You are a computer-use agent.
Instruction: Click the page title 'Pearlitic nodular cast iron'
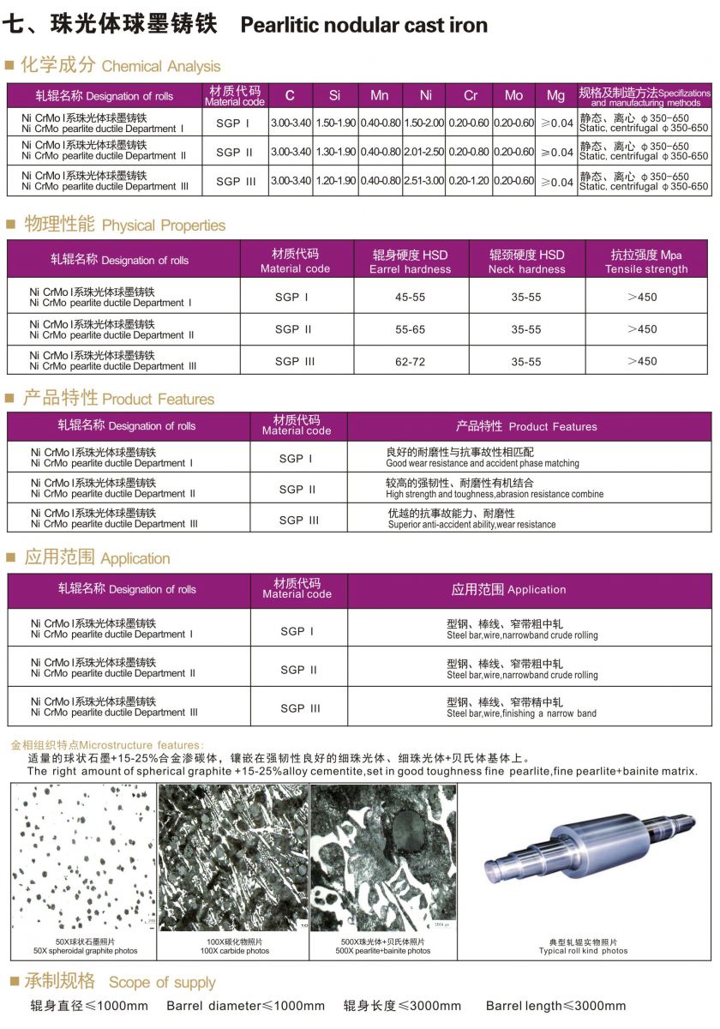point(364,26)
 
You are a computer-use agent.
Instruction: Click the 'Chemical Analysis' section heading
point(160,67)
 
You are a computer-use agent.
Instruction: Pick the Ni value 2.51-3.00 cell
point(424,182)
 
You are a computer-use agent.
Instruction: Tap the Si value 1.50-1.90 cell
point(335,123)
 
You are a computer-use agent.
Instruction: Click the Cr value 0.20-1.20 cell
point(470,182)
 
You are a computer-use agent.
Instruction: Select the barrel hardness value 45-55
point(410,297)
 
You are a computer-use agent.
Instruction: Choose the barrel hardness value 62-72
point(410,362)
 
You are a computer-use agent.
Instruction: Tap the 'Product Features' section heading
point(158,400)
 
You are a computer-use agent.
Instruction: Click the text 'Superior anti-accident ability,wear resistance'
point(471,525)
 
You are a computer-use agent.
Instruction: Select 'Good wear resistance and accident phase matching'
point(483,463)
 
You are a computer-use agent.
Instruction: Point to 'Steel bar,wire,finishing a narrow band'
point(521,713)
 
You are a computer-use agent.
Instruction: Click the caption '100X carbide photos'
point(234,951)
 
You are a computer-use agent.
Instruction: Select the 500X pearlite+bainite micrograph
point(382,857)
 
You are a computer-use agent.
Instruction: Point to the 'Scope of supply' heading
point(161,983)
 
